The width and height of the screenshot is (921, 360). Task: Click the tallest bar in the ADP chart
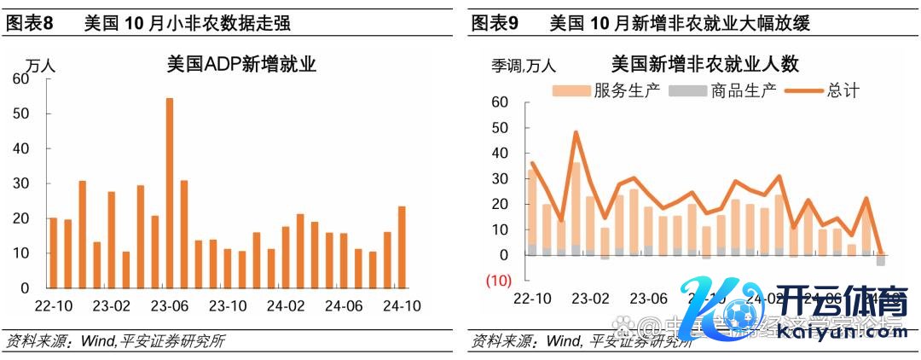pyautogui.click(x=169, y=192)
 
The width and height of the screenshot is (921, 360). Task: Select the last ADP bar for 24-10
pyautogui.click(x=401, y=246)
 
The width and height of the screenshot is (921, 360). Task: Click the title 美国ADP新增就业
pyautogui.click(x=232, y=65)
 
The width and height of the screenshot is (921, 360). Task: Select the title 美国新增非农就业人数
pyautogui.click(x=704, y=64)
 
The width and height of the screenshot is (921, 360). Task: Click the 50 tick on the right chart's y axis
pyautogui.click(x=500, y=128)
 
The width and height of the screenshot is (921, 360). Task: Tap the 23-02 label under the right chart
pyautogui.click(x=590, y=299)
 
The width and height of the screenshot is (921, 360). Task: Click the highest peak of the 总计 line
pyautogui.click(x=576, y=132)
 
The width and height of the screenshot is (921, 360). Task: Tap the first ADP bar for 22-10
pyautogui.click(x=53, y=253)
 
